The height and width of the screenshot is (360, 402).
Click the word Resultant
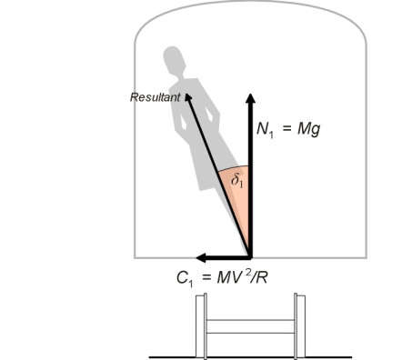click(x=156, y=94)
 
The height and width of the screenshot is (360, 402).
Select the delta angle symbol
click(x=236, y=183)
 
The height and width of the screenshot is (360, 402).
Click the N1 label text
click(x=267, y=130)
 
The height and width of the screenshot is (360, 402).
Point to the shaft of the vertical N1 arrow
click(x=250, y=182)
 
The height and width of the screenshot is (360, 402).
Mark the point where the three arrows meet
click(x=250, y=256)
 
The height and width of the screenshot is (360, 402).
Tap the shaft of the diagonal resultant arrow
click(x=218, y=173)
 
